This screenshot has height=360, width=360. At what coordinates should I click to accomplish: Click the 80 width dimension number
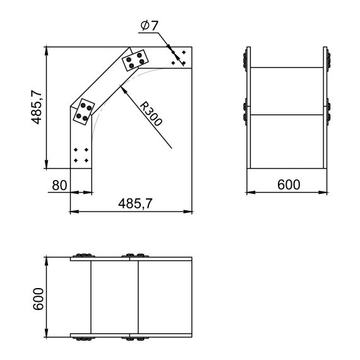tap(59, 185)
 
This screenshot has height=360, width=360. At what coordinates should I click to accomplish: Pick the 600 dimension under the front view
tap(288, 185)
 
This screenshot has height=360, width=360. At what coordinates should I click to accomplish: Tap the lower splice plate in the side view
tap(83, 111)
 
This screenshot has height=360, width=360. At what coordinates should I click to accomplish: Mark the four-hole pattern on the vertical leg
tap(80, 155)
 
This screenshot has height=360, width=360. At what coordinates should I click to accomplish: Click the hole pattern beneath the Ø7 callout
tap(178, 56)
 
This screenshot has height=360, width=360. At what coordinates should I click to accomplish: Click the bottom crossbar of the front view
tap(288, 168)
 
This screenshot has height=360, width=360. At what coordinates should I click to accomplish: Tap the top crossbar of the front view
tap(288, 67)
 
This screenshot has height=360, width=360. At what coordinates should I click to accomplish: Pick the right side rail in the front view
tap(326, 107)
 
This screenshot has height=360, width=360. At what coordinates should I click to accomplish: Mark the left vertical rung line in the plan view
tap(91, 297)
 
